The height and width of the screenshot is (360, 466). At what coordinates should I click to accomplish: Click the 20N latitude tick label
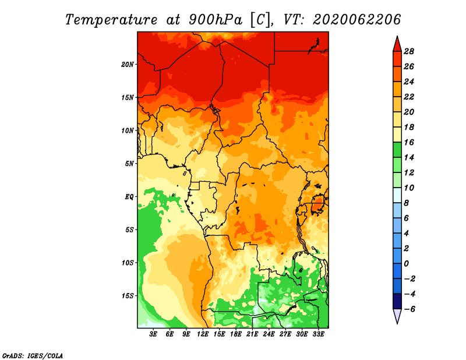128,64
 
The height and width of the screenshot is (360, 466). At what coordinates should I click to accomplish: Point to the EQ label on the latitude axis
129,196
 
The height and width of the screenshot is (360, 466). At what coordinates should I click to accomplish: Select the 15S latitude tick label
128,296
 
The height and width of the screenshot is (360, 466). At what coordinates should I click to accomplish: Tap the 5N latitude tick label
129,164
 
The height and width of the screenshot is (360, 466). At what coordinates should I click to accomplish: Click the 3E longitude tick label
153,334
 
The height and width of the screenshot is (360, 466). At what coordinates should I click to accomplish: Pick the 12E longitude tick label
203,334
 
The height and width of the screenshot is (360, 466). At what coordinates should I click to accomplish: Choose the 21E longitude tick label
252,334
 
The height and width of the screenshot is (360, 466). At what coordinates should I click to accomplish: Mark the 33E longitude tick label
318,334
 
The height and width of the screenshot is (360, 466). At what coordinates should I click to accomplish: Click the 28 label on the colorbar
409,51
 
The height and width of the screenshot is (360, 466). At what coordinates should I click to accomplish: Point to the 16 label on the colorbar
409,142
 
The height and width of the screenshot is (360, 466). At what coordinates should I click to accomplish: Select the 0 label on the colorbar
406,264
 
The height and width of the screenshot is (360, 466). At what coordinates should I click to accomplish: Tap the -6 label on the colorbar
409,309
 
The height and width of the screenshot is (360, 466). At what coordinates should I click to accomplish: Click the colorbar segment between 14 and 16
397,150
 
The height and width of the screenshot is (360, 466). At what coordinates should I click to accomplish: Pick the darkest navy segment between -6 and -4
397,301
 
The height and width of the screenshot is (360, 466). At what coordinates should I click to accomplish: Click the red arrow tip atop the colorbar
397,37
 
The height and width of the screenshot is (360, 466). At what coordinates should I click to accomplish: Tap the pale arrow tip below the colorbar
397,323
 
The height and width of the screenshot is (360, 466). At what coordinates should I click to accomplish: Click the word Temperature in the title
111,20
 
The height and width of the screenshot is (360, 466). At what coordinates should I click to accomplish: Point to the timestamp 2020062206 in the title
356,20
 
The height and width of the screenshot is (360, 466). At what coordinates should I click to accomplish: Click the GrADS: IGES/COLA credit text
33,356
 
